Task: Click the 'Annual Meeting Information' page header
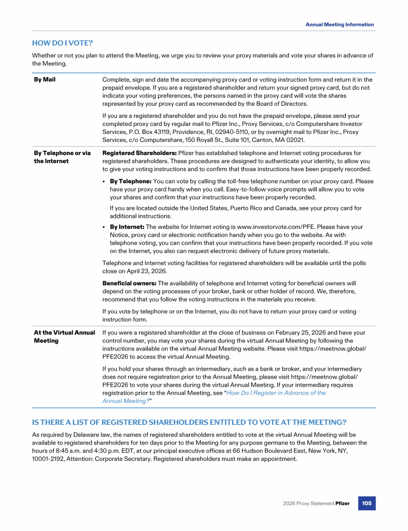tap(339, 24)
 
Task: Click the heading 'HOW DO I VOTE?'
tap(63, 42)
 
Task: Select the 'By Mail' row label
tap(45, 80)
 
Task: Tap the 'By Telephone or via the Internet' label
tap(62, 157)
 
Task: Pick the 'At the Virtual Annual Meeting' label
tap(64, 336)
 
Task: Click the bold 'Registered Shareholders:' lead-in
tap(139, 153)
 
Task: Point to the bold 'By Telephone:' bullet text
tap(130, 182)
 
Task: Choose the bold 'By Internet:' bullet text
tap(127, 227)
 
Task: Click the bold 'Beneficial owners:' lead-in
tap(129, 283)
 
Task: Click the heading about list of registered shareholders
tap(189, 422)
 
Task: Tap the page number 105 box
tap(367, 503)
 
